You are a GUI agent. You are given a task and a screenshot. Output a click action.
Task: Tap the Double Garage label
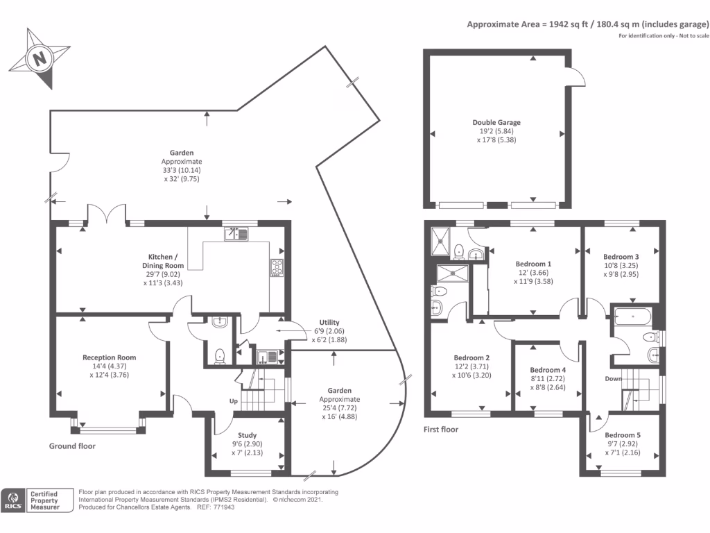point(496,123)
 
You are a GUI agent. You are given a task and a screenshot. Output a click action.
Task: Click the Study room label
point(248,435)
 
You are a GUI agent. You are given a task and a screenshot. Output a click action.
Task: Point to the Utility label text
point(329,323)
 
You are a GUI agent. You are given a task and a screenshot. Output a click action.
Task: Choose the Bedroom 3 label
point(621,256)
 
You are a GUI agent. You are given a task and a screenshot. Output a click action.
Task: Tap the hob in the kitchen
point(276,267)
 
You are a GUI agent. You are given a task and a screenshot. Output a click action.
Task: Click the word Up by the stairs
point(235,402)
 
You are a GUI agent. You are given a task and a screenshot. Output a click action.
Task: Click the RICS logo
point(13,500)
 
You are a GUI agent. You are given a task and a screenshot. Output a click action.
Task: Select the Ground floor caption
point(72,446)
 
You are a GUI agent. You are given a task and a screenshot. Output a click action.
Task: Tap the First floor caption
point(441,430)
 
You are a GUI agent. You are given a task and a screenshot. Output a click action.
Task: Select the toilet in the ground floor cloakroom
point(220,356)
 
